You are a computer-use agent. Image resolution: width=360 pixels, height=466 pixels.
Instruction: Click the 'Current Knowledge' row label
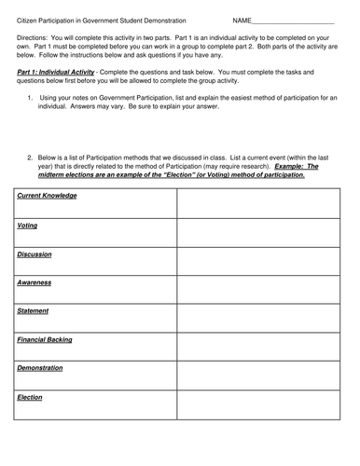(x=47, y=196)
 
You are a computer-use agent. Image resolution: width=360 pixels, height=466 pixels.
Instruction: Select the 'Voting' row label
(x=28, y=226)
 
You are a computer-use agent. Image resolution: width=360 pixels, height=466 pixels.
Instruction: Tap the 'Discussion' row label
(x=35, y=254)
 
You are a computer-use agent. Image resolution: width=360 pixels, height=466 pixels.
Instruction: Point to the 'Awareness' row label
(x=35, y=282)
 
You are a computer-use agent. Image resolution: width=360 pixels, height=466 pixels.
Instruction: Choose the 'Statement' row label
(x=34, y=311)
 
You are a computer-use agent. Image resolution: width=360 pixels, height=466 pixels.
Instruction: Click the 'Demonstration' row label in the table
(x=40, y=369)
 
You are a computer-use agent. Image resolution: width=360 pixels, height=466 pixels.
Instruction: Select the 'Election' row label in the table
(x=30, y=398)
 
